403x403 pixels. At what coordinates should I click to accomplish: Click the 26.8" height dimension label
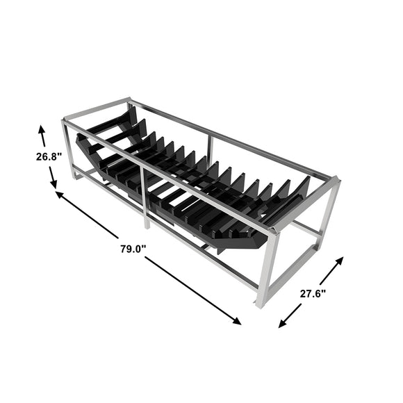pos(49,156)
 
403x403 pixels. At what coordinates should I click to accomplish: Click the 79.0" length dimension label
pos(133,249)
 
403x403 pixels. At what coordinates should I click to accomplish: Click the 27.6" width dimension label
pos(313,293)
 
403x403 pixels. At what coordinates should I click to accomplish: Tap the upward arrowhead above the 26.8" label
pos(42,129)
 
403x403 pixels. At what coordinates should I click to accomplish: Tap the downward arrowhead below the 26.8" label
pos(54,184)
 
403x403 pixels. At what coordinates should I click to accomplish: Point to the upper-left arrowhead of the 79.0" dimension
pos(59,195)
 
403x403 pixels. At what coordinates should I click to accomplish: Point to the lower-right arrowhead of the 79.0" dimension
pos(237,321)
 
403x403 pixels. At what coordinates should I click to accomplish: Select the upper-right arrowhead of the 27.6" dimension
pos(340,261)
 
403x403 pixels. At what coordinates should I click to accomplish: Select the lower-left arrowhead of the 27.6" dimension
pos(283,324)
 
